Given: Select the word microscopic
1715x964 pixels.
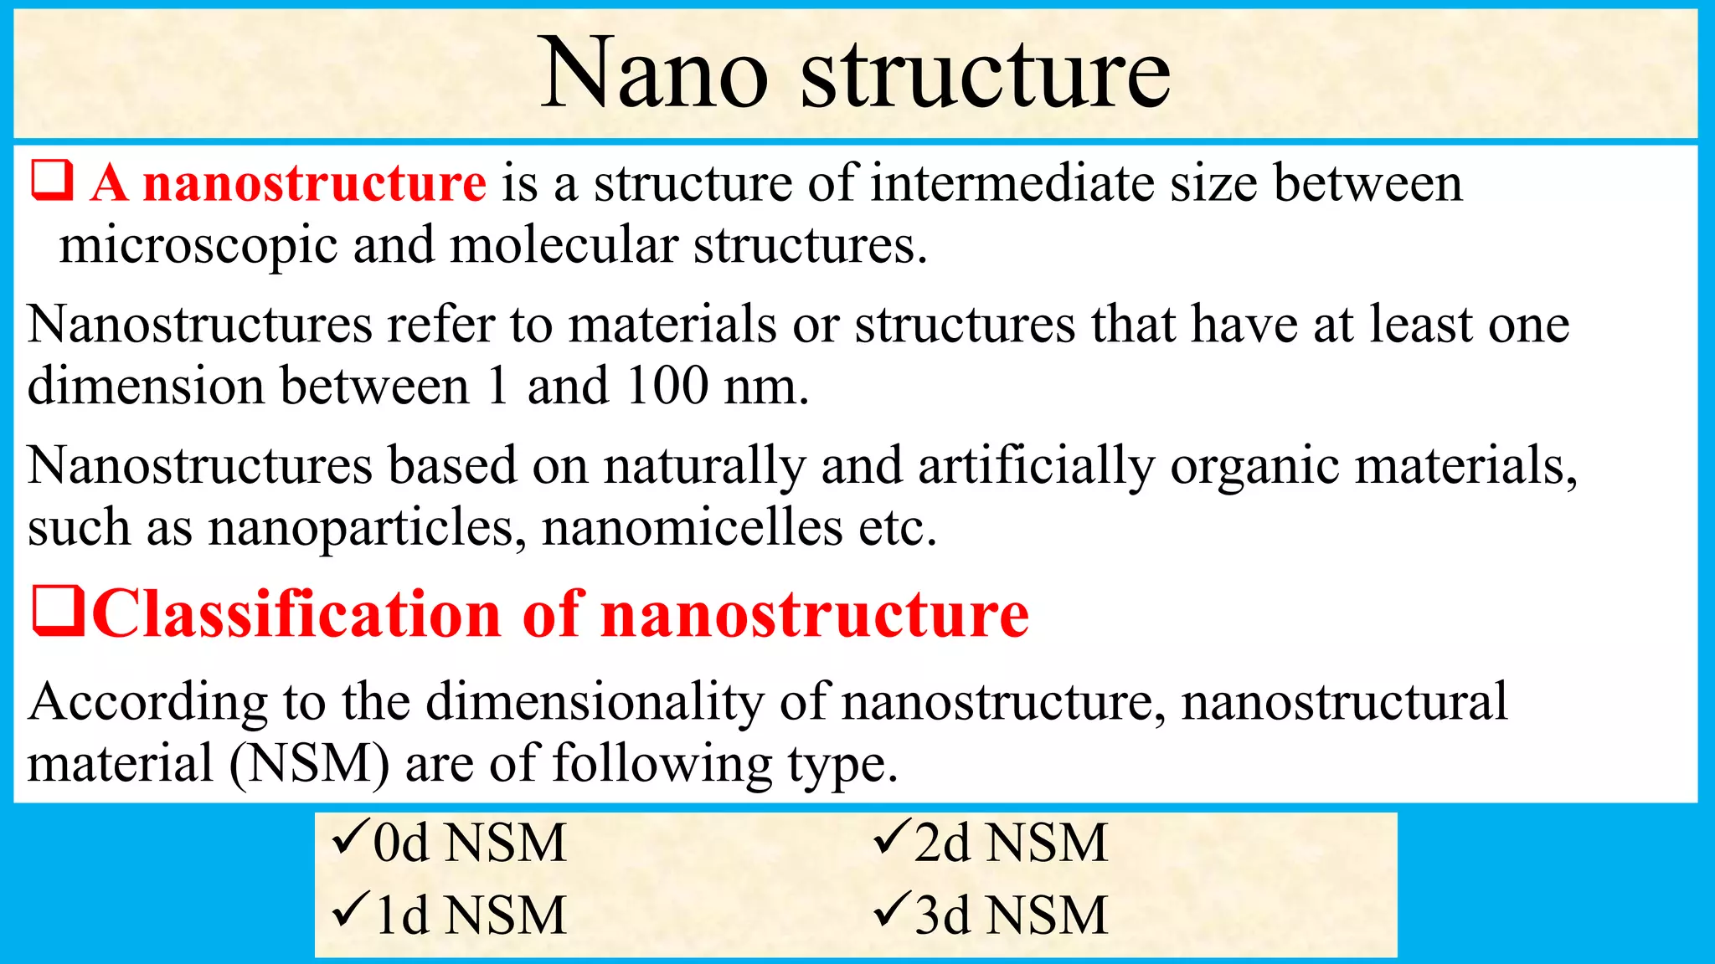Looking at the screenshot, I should point(198,247).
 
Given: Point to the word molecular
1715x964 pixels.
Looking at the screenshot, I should point(564,245).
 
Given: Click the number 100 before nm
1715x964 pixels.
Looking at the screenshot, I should point(667,386).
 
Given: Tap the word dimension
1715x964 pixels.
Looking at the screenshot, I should point(146,386).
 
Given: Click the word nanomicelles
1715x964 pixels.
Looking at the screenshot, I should point(692,527).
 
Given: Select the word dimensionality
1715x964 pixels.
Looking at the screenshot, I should point(595,701).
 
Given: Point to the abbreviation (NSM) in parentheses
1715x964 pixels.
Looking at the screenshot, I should point(309,763).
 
